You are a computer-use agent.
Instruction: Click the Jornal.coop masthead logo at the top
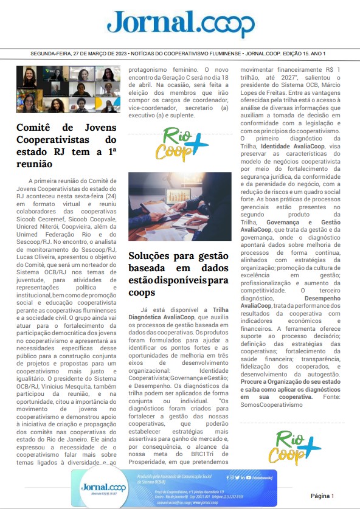point(181,24)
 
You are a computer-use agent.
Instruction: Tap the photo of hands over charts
point(180,206)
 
